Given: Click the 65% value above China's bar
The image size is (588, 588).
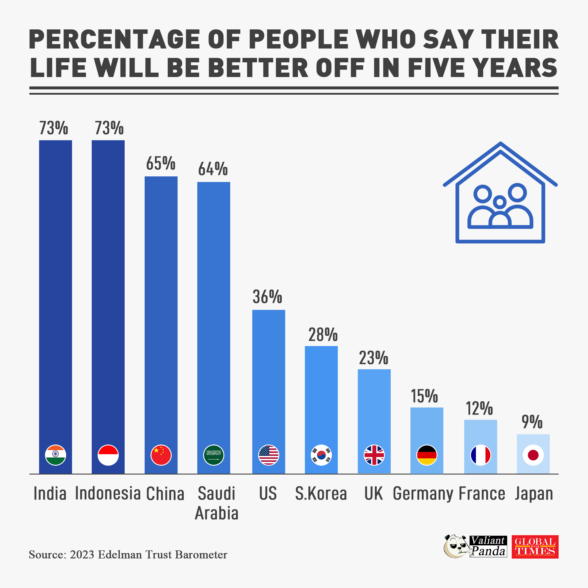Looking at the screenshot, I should (161, 163).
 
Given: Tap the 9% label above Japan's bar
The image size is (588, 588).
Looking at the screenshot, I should (532, 422).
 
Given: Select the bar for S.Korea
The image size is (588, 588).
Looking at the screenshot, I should (321, 396).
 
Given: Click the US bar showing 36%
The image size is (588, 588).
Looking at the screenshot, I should (268, 374).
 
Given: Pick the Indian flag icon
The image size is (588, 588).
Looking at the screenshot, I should (55, 455).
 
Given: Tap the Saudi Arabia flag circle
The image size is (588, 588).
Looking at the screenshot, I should (214, 455).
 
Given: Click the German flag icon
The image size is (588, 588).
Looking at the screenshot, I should (427, 455).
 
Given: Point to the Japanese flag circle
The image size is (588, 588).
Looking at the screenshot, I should (533, 455).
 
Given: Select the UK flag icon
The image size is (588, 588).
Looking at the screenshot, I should (374, 455).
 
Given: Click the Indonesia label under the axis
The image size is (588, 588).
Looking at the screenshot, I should (108, 493).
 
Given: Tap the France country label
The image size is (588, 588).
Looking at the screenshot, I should (482, 494).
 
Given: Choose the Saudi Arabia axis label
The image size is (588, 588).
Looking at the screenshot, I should (216, 503).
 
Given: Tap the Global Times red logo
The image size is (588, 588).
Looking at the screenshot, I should (535, 547).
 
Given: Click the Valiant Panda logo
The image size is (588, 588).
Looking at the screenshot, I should (476, 547).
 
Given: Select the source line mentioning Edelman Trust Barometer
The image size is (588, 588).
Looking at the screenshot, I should (128, 555).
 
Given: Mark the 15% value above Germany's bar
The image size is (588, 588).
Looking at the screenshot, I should (424, 396).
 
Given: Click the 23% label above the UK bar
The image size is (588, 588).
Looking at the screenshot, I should (373, 358).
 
